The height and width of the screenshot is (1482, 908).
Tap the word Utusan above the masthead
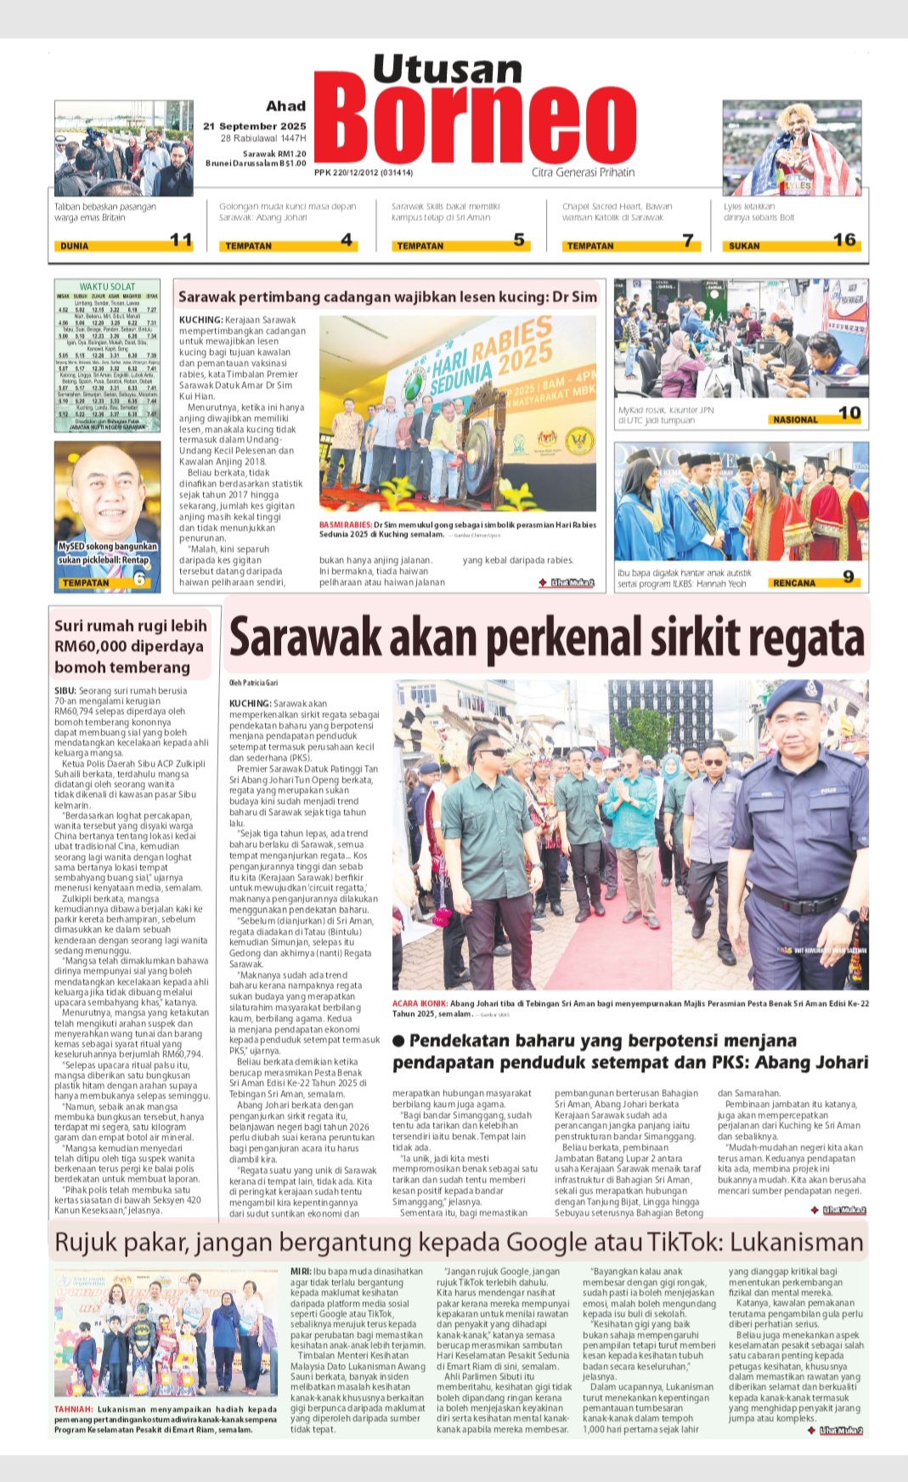[448, 69]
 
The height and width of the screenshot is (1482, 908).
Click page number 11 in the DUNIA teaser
[181, 240]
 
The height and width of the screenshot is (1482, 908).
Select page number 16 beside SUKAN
[843, 240]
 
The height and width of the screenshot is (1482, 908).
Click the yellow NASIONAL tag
[795, 419]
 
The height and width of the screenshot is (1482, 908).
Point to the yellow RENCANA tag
[793, 583]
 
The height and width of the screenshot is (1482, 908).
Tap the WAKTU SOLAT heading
[107, 287]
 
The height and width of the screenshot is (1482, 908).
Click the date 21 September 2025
[254, 126]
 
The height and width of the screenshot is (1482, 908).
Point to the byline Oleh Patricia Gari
[253, 682]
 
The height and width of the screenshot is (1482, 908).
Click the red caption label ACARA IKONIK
[420, 1003]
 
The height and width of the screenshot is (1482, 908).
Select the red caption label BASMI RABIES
[345, 525]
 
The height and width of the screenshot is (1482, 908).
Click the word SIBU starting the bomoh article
[65, 691]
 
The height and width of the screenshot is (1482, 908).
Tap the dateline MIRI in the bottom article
[300, 1271]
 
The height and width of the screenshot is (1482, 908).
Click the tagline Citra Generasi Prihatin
[583, 172]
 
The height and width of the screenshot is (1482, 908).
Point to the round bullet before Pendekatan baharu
[398, 1041]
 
